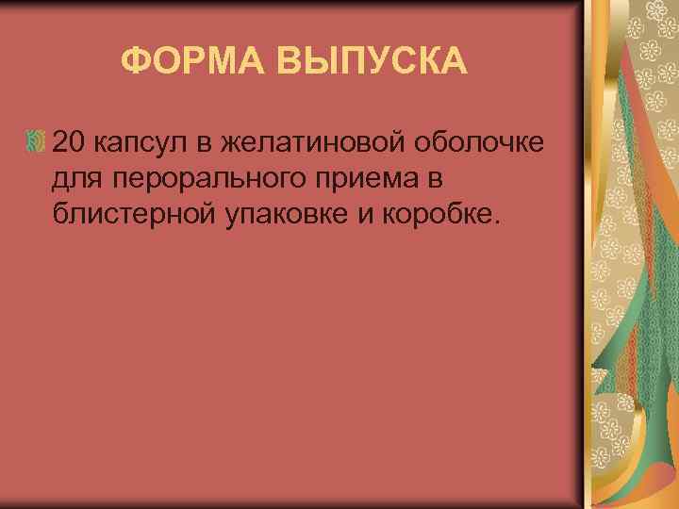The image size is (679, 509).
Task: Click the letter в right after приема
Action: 422,179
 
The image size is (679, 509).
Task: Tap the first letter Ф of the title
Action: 136,63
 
